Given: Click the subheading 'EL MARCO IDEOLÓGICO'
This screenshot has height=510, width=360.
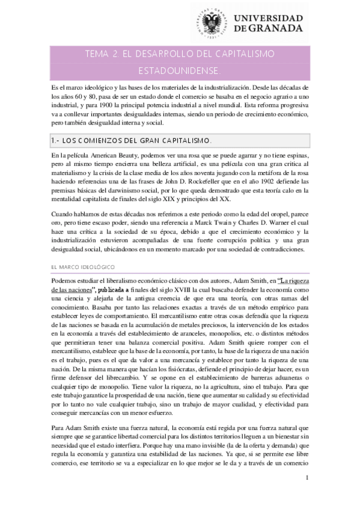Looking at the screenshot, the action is (82, 265).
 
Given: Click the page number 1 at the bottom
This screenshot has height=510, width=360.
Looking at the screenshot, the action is (307, 494).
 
